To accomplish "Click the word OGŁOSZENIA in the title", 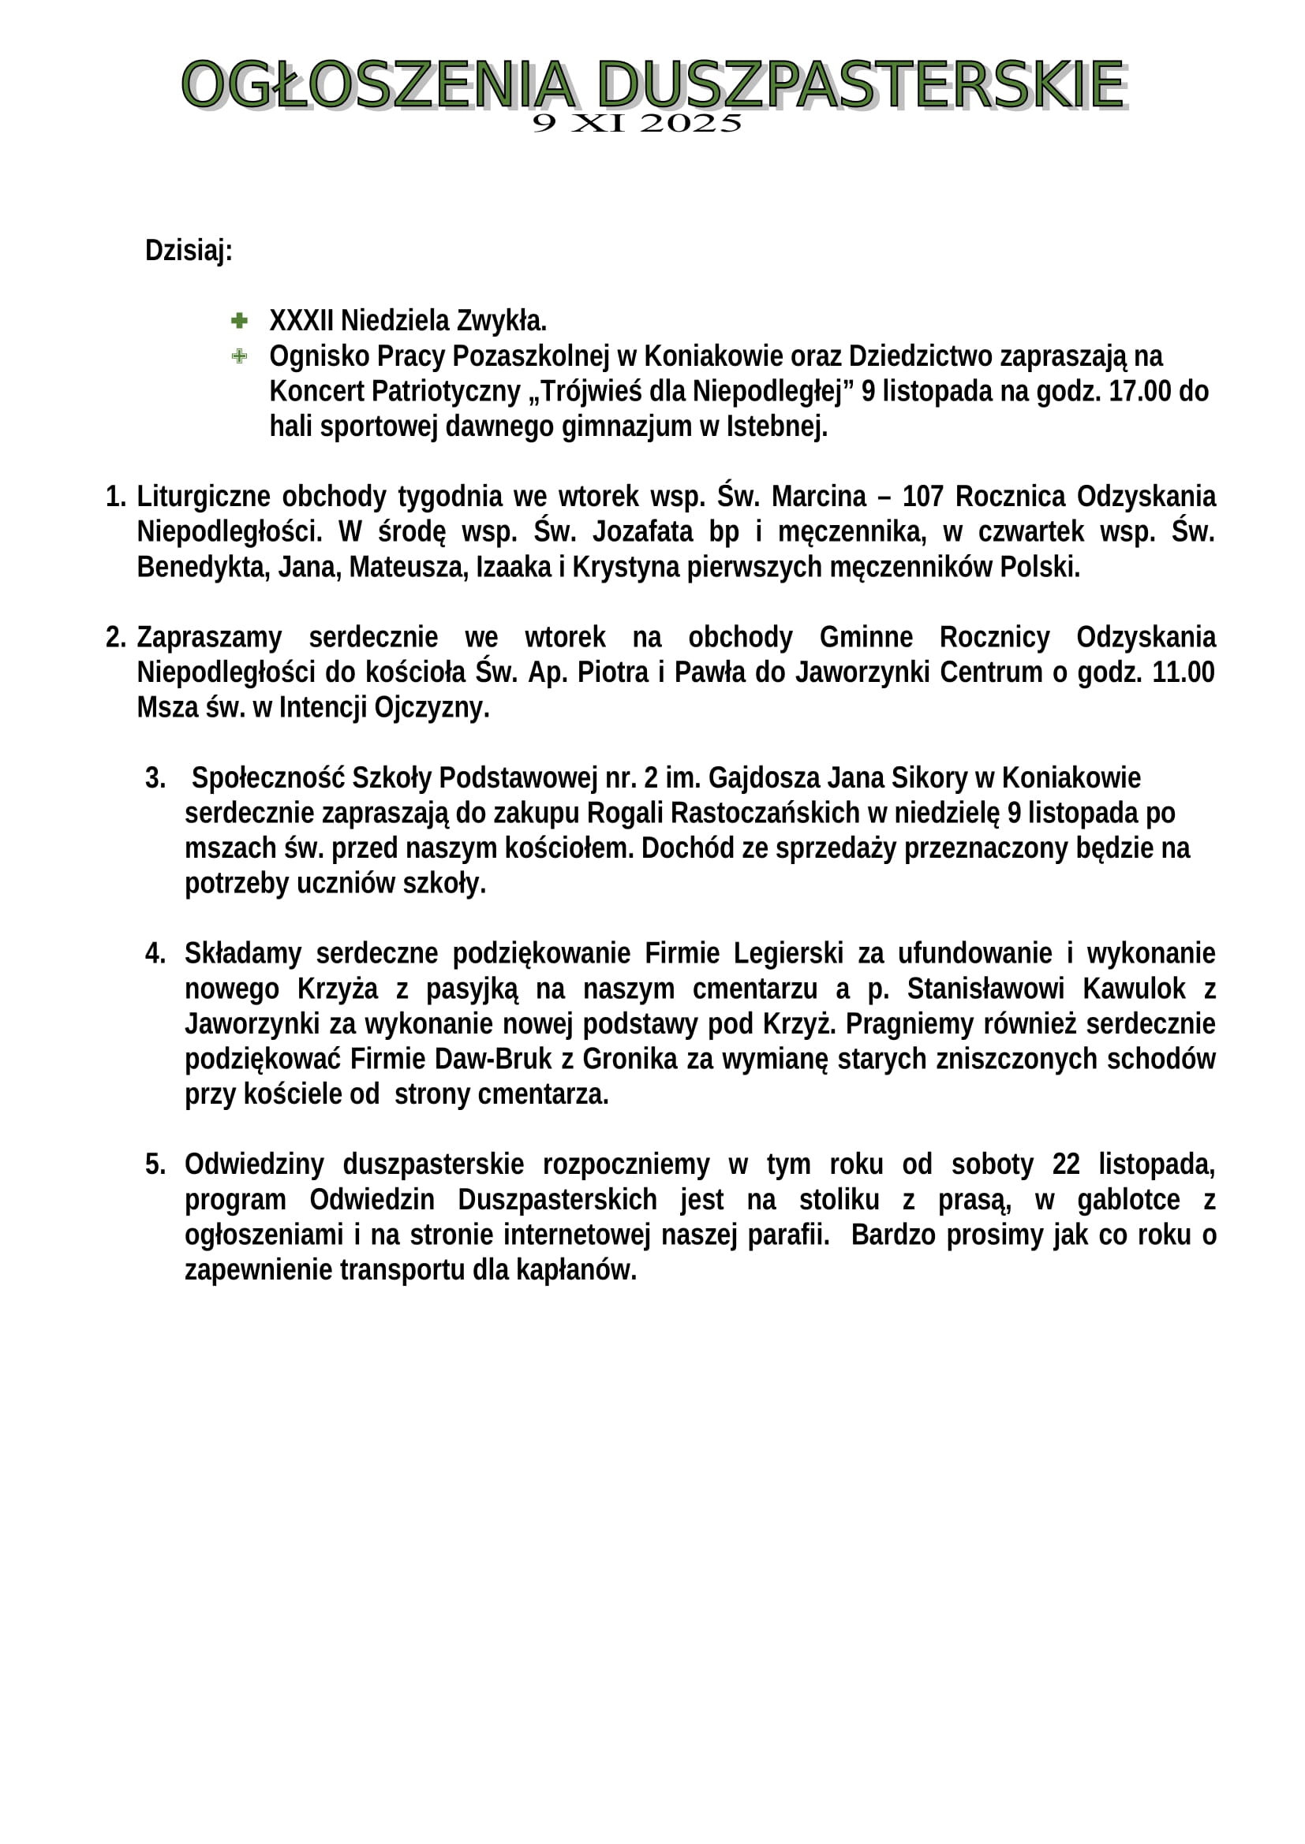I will pos(378,84).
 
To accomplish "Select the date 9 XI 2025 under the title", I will pos(637,123).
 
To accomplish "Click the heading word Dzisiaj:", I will pos(189,251).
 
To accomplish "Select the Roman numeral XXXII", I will pos(301,320).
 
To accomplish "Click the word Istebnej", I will pos(776,427).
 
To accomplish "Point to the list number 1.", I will pos(115,497).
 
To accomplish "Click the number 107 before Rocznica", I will pos(922,497).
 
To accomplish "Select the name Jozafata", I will pos(642,531).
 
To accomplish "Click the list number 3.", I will pos(155,777).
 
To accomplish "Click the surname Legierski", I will pos(787,953).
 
